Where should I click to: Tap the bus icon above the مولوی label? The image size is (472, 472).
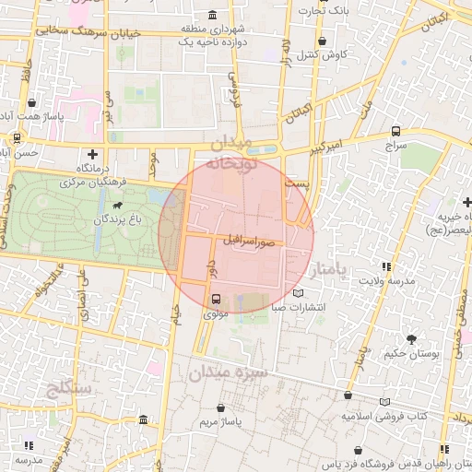216,299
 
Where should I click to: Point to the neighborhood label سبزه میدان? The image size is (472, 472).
227,373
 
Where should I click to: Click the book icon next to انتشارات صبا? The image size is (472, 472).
297,293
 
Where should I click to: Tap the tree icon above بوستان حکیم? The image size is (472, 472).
411,338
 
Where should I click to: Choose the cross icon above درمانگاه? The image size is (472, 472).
91,154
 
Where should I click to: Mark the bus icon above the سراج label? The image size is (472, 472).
395,132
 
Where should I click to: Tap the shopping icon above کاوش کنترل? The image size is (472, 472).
321,41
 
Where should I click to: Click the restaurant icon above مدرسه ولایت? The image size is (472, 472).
385,266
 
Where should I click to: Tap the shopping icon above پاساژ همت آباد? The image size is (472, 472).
33,103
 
